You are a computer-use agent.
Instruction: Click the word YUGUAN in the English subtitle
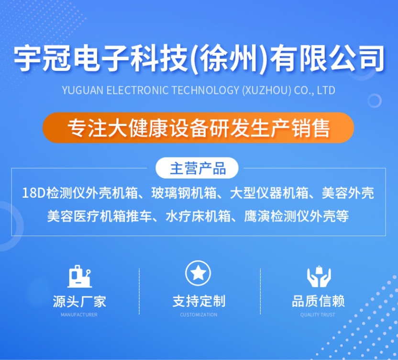point(83,90)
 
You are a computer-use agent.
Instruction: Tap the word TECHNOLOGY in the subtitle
point(205,90)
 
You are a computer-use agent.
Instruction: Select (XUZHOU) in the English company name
point(266,90)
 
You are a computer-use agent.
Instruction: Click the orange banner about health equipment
point(198,128)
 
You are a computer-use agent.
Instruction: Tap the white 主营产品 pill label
point(197,168)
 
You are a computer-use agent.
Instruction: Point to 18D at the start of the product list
point(33,193)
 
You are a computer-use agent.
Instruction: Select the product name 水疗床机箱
point(198,216)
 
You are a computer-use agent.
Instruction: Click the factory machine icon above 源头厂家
point(79,276)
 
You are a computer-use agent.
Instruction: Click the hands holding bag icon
point(319,276)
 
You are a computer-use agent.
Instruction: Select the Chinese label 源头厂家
point(79,301)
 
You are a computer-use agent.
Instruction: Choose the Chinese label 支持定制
point(199,301)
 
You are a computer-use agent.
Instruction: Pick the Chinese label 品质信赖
point(318,301)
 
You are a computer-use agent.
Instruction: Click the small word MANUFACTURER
point(79,315)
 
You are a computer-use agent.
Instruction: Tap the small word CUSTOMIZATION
point(199,315)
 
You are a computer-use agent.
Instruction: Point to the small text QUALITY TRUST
point(318,315)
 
